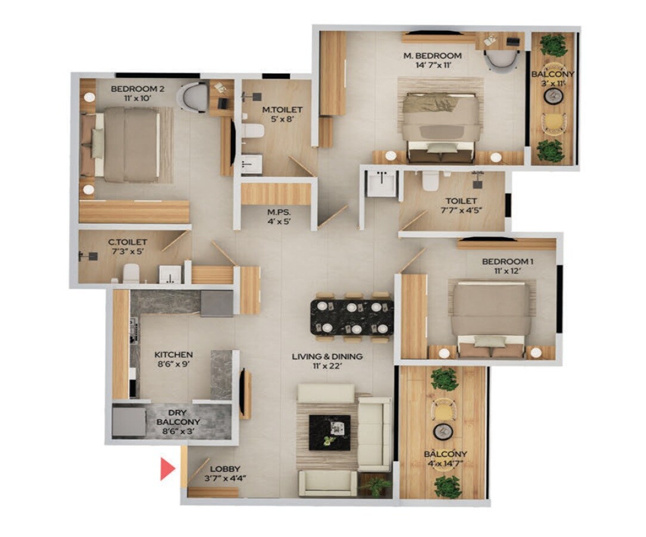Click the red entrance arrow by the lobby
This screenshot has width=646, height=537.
click(167, 468)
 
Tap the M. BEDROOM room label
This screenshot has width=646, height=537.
click(432, 55)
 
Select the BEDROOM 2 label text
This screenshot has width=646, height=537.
click(138, 89)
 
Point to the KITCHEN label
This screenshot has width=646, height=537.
click(173, 354)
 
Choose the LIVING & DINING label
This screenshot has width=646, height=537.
click(327, 356)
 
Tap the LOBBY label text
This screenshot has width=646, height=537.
click(224, 468)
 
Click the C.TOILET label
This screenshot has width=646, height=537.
click(127, 242)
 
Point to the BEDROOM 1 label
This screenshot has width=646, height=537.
click(506, 261)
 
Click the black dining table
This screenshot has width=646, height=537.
click(352, 317)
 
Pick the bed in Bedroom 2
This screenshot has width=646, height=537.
click(127, 144)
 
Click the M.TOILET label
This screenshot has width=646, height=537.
click(282, 110)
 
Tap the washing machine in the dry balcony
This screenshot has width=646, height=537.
click(129, 421)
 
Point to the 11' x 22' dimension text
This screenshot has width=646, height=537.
click(327, 366)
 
